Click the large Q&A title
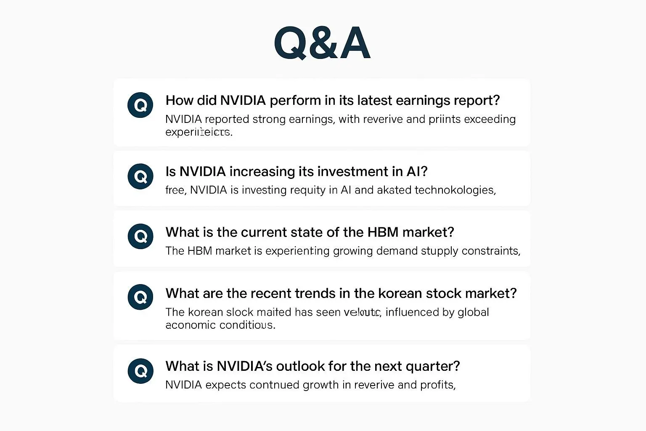(322, 43)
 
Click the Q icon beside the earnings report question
(140, 105)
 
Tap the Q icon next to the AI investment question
(140, 176)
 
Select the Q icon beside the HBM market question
(140, 236)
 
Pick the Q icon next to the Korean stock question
(140, 297)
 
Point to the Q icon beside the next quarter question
(140, 371)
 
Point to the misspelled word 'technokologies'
(454, 190)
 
